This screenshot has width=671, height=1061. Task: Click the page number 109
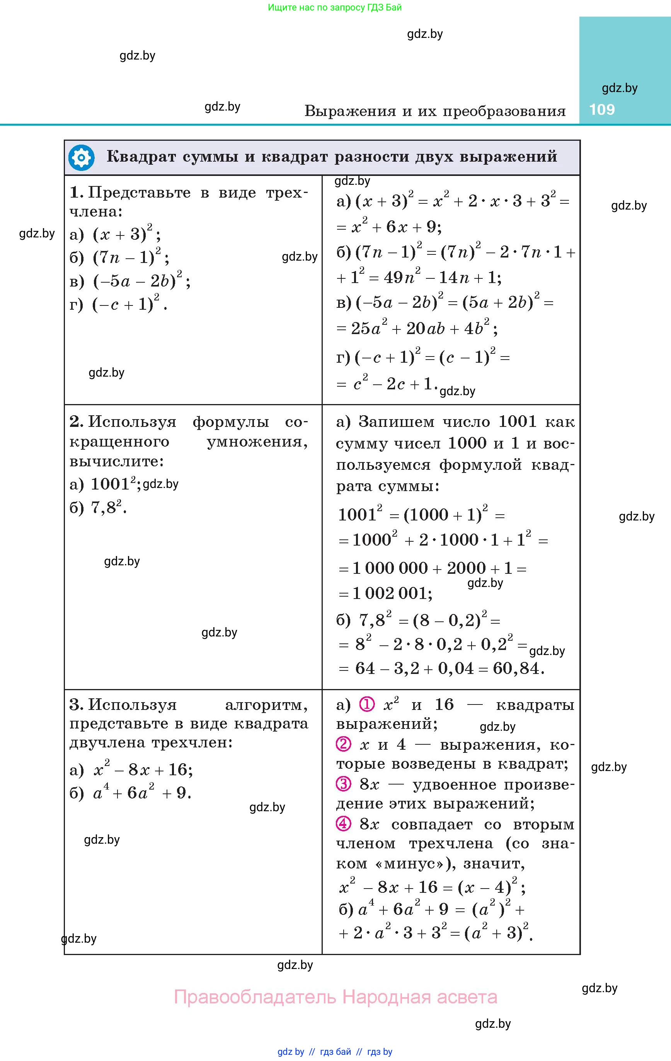pos(601,109)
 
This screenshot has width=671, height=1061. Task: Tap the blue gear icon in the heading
pos(82,157)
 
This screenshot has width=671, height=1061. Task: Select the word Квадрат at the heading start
pos(141,157)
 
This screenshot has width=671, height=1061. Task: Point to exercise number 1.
pos(76,193)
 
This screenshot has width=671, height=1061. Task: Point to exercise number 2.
pos(76,422)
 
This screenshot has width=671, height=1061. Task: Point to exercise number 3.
pos(76,704)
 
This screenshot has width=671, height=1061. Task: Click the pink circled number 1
pos(366,704)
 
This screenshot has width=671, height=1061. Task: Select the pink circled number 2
pos(343,744)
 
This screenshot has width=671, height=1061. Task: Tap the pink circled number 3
pos(343,784)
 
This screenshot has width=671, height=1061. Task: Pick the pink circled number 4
pos(343,823)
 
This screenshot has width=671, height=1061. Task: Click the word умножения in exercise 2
pos(257,442)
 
